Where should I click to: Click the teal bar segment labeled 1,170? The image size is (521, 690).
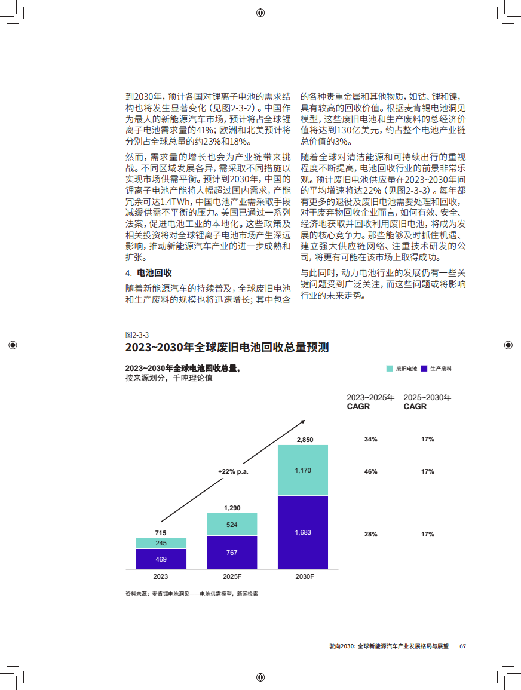[x=303, y=470]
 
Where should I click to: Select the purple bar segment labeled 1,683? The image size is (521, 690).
[x=303, y=532]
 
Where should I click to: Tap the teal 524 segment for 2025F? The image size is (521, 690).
[x=232, y=525]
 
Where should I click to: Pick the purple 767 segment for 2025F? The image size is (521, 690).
[x=232, y=552]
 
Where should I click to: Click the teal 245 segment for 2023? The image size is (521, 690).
[x=161, y=543]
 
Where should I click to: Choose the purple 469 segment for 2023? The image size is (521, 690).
[x=161, y=559]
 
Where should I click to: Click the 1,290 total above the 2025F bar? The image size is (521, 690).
[x=232, y=508]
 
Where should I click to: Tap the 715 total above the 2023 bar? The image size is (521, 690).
[x=161, y=533]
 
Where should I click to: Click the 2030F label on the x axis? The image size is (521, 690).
[x=303, y=576]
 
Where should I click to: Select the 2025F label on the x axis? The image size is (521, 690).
[x=232, y=576]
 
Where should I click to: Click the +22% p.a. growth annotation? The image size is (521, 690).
[x=232, y=471]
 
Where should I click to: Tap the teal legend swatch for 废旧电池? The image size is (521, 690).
[x=390, y=369]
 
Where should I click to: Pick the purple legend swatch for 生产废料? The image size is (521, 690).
[x=424, y=369]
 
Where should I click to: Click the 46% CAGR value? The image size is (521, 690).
[x=370, y=471]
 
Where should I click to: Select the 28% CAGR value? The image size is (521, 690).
[x=370, y=534]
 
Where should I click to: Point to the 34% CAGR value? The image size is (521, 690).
[x=370, y=440]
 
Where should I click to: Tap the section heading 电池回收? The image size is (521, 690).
[x=154, y=273]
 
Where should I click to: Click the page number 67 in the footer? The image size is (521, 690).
[x=462, y=646]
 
